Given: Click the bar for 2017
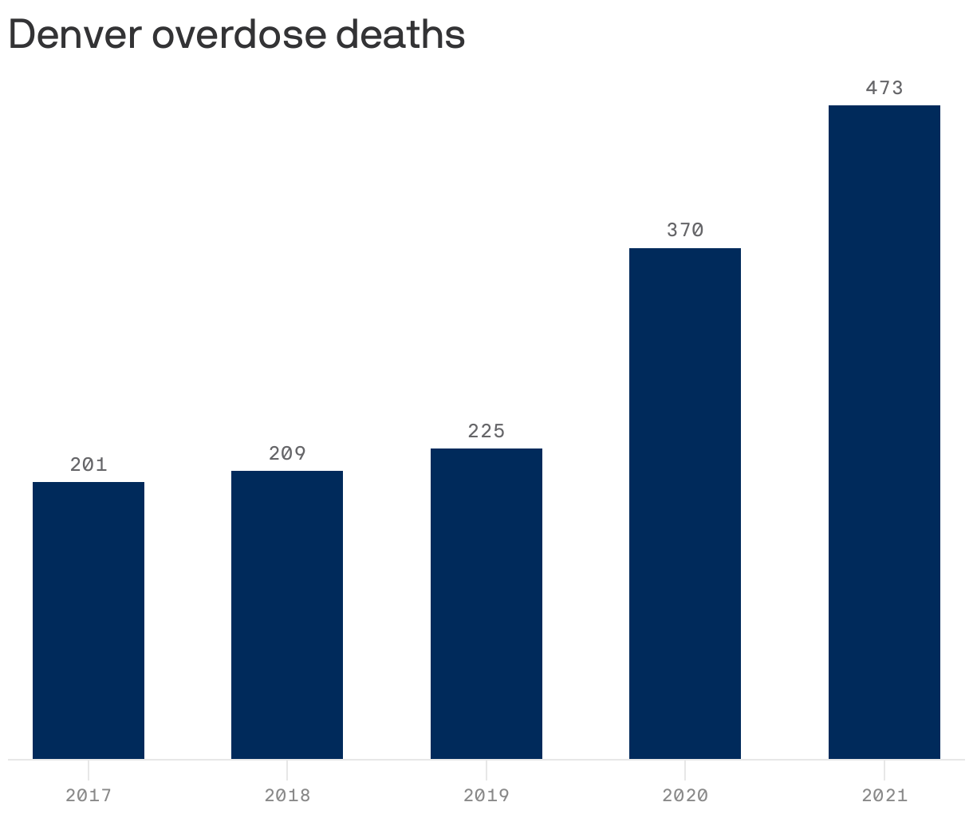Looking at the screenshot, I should [89, 620].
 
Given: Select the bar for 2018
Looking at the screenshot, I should [287, 614].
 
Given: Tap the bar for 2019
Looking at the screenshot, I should [486, 603].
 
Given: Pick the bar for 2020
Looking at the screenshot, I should [685, 503].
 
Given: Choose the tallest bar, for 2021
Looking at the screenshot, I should [884, 432].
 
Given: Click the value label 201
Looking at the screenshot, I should [89, 464].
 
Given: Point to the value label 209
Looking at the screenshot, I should [287, 453].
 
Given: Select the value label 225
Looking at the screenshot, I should [486, 431].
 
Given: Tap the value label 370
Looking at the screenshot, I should [685, 230].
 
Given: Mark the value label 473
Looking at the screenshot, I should [884, 88].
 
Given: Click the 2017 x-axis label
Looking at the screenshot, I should [89, 795].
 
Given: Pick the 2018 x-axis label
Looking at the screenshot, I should [287, 795].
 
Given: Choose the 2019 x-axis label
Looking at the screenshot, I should [486, 795].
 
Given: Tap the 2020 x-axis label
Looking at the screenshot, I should [685, 795].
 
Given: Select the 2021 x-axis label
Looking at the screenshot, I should [884, 795].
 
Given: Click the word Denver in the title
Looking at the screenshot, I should [74, 34].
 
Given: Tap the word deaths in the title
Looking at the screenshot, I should [412, 34].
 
